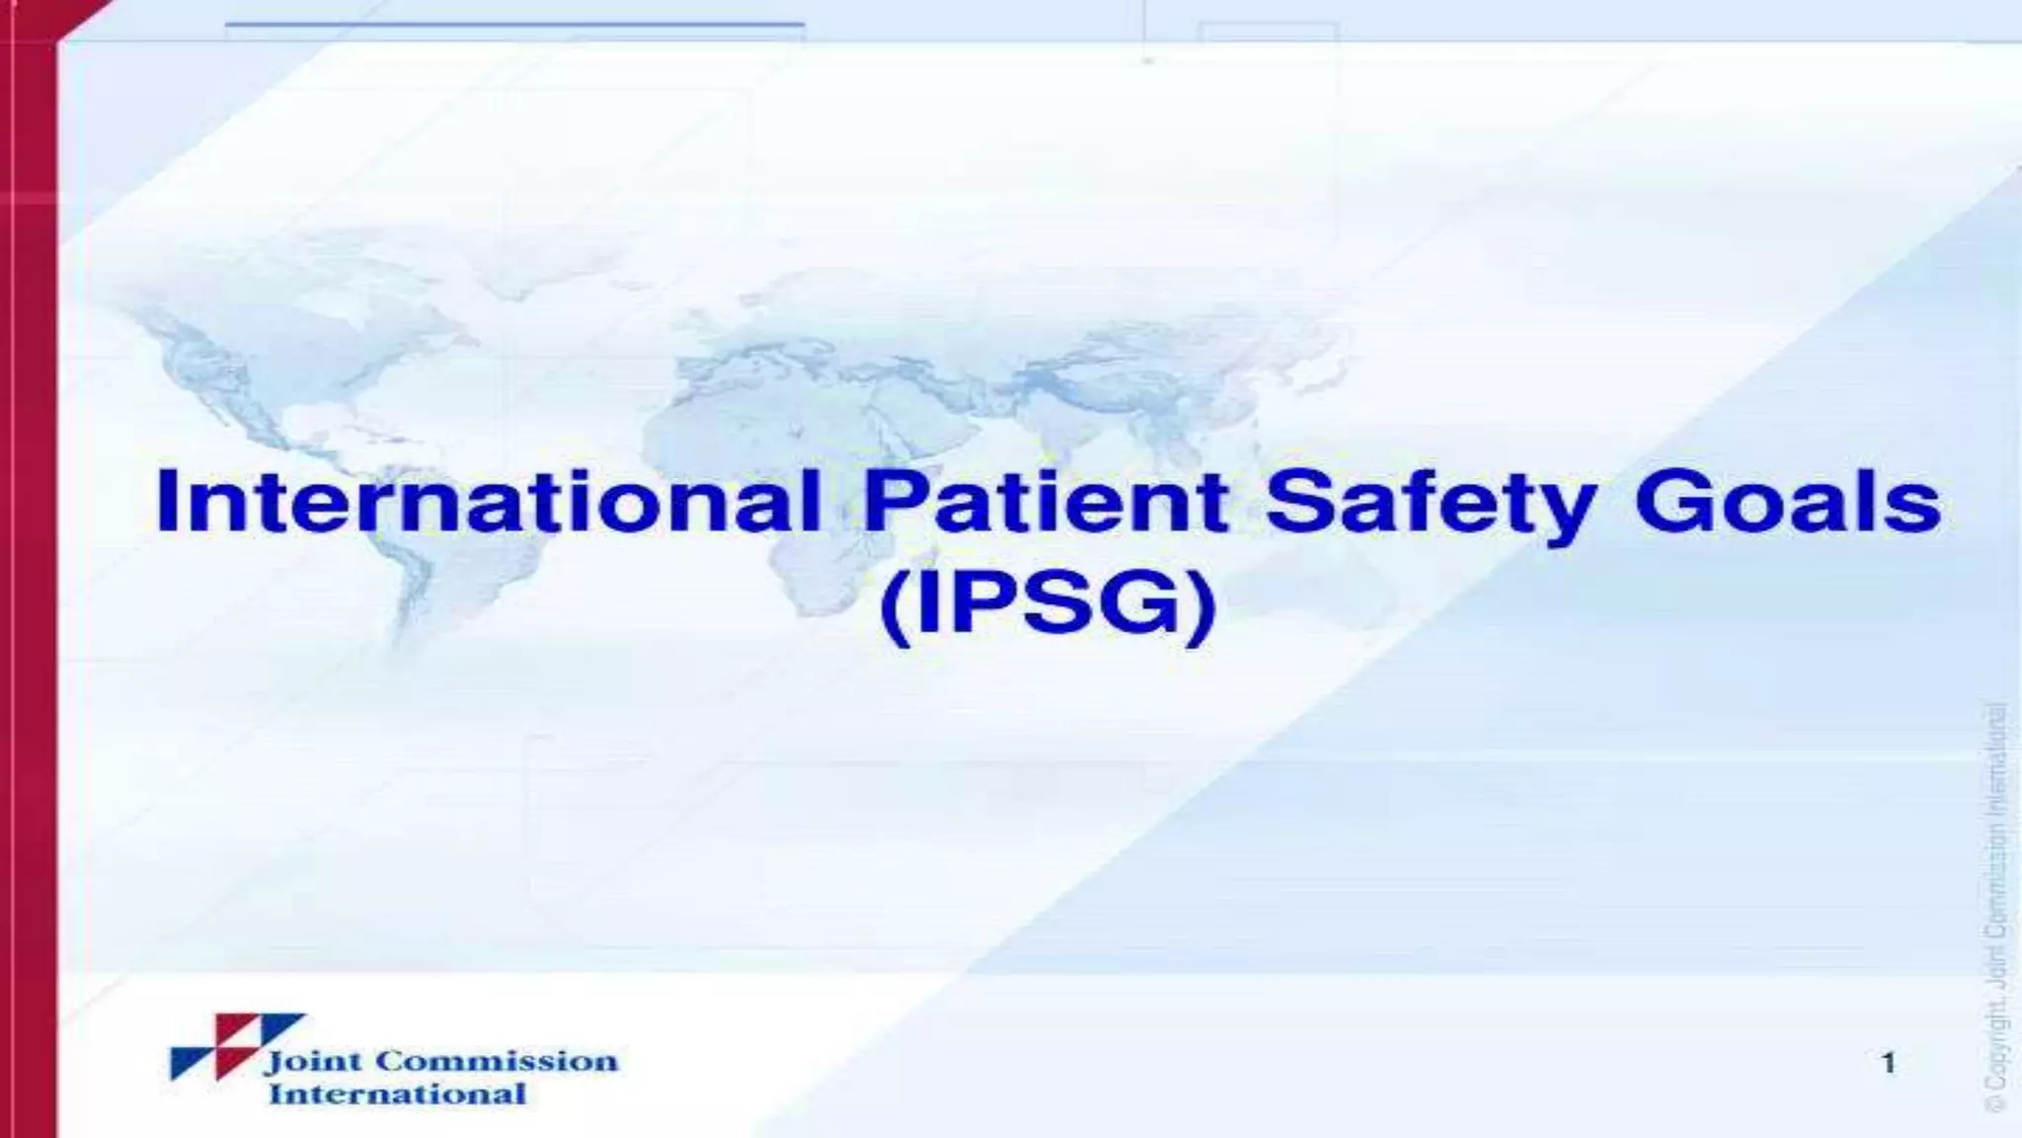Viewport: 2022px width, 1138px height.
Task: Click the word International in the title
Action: (489, 503)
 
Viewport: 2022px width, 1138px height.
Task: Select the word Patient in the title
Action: (1047, 503)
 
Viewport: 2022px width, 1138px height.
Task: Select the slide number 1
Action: (1888, 1063)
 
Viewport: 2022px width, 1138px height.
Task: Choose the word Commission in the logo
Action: (497, 1061)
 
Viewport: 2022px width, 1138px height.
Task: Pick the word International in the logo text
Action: (397, 1094)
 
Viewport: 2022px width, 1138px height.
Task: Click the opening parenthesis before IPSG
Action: (893, 608)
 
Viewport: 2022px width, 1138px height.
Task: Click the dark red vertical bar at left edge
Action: (28, 593)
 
